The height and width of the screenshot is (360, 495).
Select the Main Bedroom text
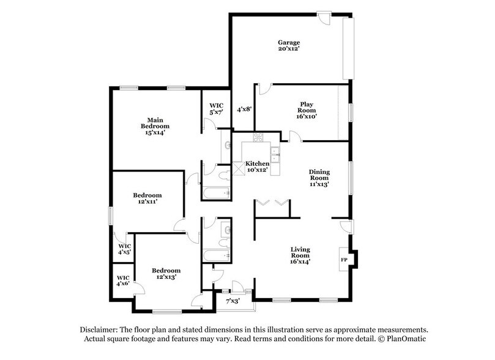click(x=153, y=124)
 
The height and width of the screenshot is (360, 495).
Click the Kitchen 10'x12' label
click(x=257, y=168)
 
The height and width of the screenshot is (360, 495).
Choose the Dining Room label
click(x=319, y=177)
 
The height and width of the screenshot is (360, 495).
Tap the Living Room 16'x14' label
click(x=300, y=254)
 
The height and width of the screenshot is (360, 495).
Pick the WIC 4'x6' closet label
click(x=124, y=280)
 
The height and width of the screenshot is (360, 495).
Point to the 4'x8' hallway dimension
click(x=244, y=110)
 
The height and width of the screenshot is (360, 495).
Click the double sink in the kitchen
click(x=275, y=155)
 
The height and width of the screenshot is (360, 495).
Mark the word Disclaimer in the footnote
click(x=99, y=329)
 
